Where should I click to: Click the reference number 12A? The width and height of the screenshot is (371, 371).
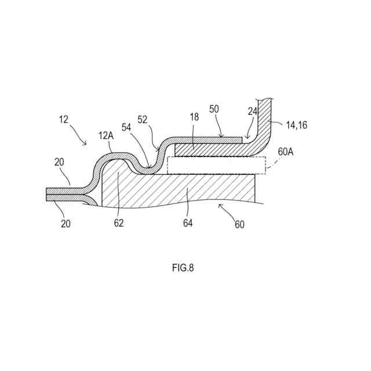pyautogui.click(x=107, y=136)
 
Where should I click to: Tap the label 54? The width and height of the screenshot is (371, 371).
pyautogui.click(x=126, y=127)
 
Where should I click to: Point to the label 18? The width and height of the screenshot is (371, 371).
pyautogui.click(x=194, y=117)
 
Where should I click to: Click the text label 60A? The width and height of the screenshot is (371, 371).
pyautogui.click(x=286, y=151)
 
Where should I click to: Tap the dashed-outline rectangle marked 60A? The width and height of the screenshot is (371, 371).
pyautogui.click(x=216, y=165)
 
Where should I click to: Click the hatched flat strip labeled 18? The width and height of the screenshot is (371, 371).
pyautogui.click(x=209, y=150)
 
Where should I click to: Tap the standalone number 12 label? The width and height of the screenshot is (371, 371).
pyautogui.click(x=64, y=119)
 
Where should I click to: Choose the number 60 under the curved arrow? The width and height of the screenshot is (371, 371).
pyautogui.click(x=239, y=224)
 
